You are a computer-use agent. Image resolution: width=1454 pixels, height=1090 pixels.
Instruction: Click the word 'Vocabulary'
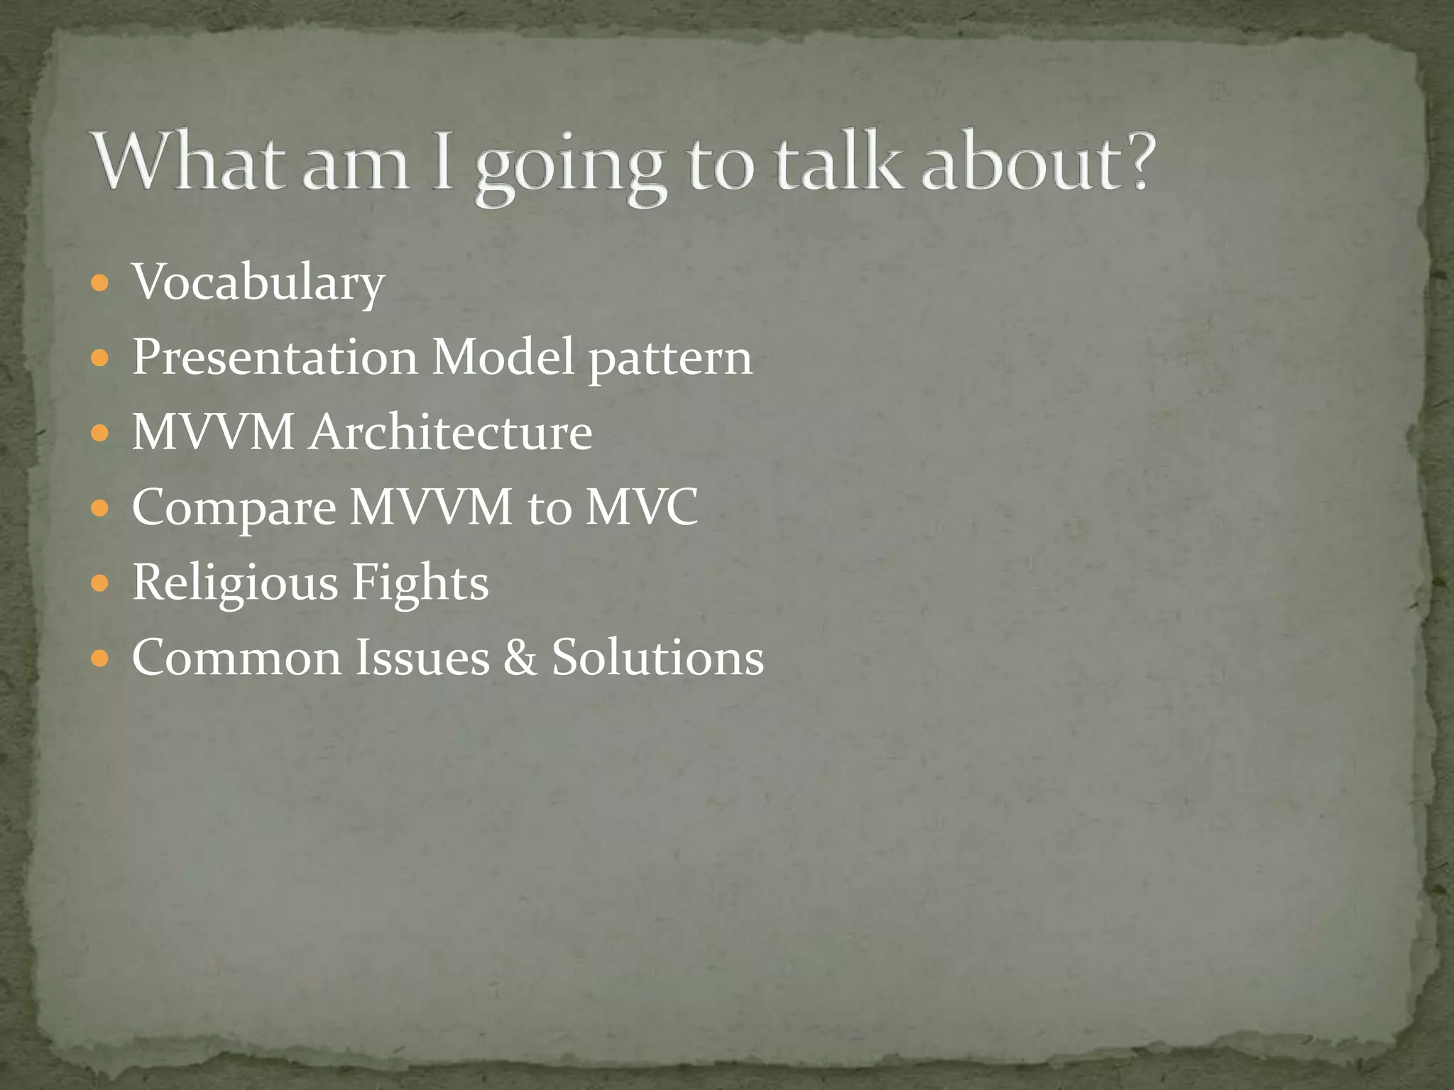pos(258,282)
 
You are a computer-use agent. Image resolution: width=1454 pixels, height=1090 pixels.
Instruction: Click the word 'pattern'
pos(670,358)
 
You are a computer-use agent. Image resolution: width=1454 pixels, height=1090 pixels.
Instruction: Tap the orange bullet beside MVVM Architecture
pos(100,432)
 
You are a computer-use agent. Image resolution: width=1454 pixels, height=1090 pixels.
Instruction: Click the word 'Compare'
pos(234,508)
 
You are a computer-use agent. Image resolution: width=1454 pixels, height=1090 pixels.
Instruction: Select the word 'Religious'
pos(235,583)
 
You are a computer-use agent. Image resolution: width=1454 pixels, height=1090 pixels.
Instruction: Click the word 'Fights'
pos(420,583)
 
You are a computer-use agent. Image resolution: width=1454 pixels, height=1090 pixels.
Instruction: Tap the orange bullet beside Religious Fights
pos(100,583)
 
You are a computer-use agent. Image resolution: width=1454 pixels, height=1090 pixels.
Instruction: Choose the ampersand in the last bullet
pos(520,657)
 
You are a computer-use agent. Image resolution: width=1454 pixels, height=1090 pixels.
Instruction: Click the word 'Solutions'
pos(658,657)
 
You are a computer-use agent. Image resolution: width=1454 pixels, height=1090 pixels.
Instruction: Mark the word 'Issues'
pos(422,657)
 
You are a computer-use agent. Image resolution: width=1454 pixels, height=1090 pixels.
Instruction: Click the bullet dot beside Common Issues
pos(100,659)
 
